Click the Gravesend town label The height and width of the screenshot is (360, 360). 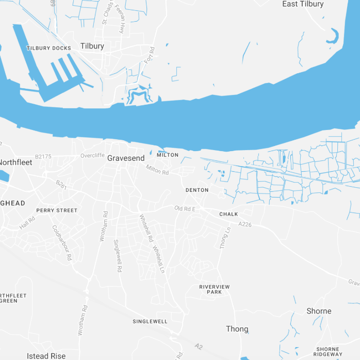(126, 158)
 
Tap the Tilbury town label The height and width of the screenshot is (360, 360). (92, 46)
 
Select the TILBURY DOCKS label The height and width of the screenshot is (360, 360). (49, 48)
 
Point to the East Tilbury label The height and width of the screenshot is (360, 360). (303, 4)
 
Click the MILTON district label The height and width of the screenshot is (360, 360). (168, 155)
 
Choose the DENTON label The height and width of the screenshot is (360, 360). (197, 190)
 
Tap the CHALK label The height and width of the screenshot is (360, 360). (228, 214)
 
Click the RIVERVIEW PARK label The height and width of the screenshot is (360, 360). (215, 289)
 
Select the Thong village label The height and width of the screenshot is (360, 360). (237, 329)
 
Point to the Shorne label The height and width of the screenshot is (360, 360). (319, 311)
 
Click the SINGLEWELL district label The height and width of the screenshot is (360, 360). (150, 321)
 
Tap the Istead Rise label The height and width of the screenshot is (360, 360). (46, 356)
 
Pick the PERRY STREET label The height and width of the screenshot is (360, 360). (57, 210)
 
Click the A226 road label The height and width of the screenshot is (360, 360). (246, 224)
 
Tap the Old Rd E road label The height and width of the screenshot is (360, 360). (185, 208)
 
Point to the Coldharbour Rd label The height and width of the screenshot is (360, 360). (61, 242)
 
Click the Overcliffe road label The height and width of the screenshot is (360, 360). (92, 155)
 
